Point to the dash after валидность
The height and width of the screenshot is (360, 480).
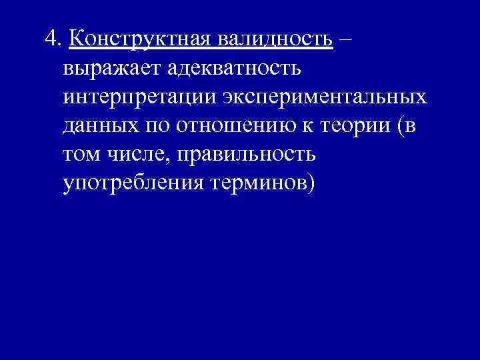[x=347, y=39]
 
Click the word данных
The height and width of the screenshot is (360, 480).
[x=99, y=125]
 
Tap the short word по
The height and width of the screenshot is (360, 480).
[x=152, y=125]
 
